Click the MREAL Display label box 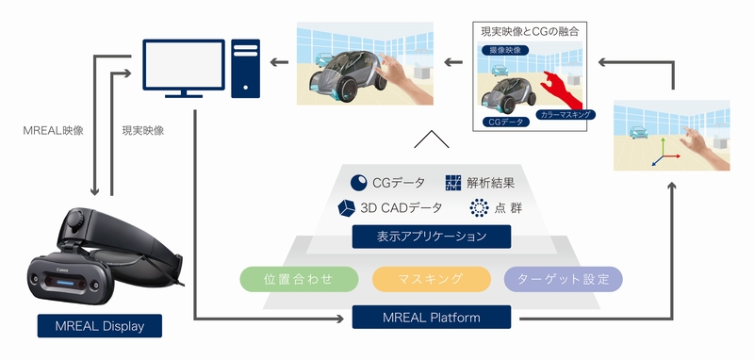100,326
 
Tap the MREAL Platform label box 431,318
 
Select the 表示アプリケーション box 431,237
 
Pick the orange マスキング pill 431,279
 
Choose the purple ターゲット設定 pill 564,279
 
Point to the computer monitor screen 183,65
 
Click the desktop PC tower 246,68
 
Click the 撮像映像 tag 501,49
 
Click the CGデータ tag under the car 505,122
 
